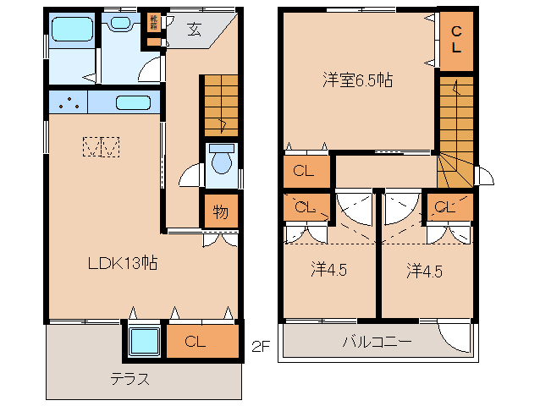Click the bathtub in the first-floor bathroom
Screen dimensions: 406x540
click(71, 30)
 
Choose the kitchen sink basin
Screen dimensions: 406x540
click(133, 103)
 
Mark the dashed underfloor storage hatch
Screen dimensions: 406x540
click(102, 147)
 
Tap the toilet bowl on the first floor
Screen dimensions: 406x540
click(223, 161)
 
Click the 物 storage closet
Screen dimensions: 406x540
click(220, 211)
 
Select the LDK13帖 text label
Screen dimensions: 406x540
click(124, 262)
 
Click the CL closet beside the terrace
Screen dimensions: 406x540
click(196, 342)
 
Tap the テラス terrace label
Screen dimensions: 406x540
click(129, 378)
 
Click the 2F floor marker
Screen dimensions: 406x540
click(262, 345)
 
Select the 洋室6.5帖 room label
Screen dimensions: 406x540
click(356, 80)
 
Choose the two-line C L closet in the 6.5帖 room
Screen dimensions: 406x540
click(455, 39)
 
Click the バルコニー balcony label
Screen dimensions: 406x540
click(377, 343)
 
